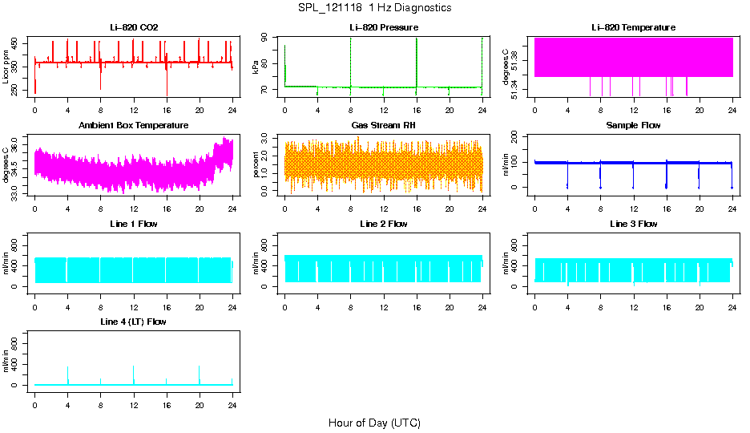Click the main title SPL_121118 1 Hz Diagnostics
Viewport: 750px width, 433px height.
click(x=374, y=8)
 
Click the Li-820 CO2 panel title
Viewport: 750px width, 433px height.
click(x=134, y=27)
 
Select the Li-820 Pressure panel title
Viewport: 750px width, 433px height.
click(x=384, y=27)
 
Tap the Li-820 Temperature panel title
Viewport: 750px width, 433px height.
click(x=633, y=27)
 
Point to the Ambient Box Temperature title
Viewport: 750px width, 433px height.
click(x=134, y=125)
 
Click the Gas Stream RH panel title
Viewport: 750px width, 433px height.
click(x=384, y=125)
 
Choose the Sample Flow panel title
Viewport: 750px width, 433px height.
click(x=633, y=125)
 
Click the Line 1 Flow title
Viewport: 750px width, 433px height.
click(x=134, y=224)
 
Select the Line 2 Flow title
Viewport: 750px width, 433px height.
click(x=384, y=224)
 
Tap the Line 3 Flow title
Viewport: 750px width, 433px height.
click(x=633, y=224)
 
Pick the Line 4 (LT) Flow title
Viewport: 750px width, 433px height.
click(x=134, y=322)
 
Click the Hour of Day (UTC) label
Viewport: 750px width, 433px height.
click(x=374, y=423)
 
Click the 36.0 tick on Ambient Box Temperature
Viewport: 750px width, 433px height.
click(x=16, y=140)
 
